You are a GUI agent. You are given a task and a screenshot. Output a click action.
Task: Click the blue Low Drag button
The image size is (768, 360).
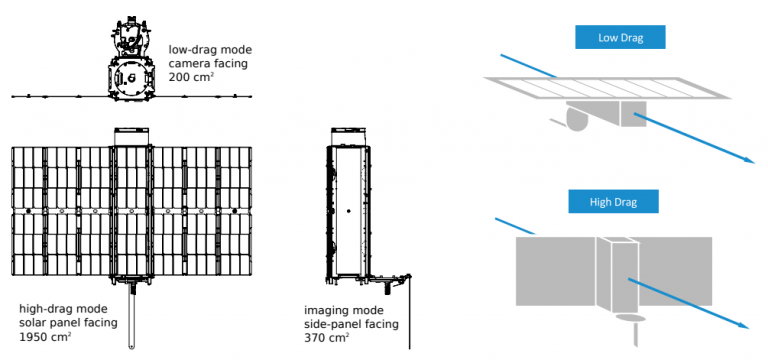point(620,37)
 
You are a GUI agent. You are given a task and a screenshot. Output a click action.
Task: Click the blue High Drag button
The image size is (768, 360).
point(613,201)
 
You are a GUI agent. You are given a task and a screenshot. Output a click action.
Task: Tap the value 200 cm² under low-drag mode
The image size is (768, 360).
point(192,77)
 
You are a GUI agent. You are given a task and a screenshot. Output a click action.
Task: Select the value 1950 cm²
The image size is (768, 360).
point(45,337)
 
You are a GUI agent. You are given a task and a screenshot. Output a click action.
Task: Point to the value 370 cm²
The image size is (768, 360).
point(327,337)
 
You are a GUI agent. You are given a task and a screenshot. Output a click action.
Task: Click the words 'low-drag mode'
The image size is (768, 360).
point(210,50)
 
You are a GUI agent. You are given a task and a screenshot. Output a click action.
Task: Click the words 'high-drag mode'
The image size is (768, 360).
point(63,309)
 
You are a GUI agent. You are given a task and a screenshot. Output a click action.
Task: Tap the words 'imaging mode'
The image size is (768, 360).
point(344,311)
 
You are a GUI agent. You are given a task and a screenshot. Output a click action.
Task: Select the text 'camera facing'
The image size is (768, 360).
point(208,64)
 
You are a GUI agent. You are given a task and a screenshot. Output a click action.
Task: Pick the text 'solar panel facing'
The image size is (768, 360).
point(68,323)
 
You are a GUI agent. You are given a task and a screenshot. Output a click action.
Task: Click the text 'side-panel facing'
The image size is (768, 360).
point(351,324)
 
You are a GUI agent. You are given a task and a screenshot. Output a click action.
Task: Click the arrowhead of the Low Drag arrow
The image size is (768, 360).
point(750,160)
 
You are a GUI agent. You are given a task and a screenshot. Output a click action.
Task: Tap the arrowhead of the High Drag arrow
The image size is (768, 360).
point(744,326)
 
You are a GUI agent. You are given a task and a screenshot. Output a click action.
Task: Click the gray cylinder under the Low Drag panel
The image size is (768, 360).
point(577,117)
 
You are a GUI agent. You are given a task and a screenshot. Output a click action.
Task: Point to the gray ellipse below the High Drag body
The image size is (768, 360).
point(629,318)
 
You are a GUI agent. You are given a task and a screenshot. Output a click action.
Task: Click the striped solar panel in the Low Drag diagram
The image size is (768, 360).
point(607,88)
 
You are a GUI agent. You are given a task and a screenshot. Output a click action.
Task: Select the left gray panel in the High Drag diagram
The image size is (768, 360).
point(556,271)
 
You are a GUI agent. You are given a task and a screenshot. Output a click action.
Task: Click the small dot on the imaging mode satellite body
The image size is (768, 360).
point(348,211)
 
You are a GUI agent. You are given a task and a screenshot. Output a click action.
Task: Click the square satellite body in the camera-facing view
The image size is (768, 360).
point(130,77)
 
